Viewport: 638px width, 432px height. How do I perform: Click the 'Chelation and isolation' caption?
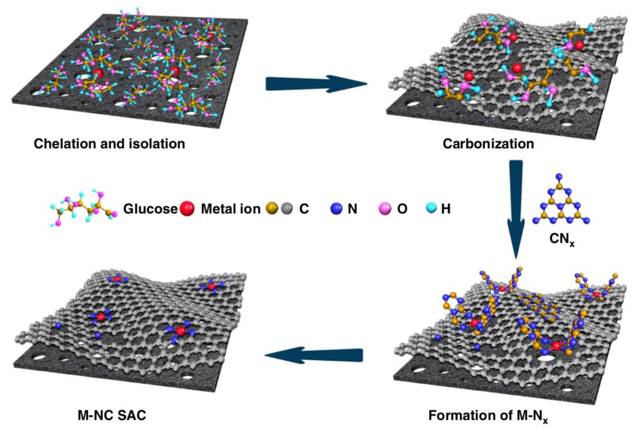(x=109, y=144)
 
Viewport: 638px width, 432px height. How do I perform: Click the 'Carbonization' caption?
(x=489, y=144)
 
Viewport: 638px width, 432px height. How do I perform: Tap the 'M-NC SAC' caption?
(x=112, y=415)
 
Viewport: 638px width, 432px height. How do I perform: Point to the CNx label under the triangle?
(x=561, y=239)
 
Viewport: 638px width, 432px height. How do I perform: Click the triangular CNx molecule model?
(x=561, y=201)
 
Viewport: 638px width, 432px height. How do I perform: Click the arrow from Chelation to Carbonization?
(x=316, y=84)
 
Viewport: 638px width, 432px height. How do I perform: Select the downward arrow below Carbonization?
(x=516, y=209)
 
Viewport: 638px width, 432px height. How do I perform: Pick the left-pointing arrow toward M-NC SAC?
(x=313, y=355)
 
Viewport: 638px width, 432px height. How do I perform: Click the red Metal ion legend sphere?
(x=187, y=209)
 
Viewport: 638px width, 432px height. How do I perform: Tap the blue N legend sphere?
(x=336, y=209)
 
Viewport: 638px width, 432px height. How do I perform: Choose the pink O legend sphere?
(x=385, y=209)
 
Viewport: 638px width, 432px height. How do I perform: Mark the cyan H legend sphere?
(x=431, y=209)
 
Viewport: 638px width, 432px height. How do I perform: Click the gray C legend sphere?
(x=287, y=209)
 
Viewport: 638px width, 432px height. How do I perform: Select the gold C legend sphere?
(x=272, y=209)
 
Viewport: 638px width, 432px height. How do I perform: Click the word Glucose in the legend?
(x=151, y=209)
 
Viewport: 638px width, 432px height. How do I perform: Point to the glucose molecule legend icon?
(x=83, y=208)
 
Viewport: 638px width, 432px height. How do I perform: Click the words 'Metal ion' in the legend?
(x=231, y=209)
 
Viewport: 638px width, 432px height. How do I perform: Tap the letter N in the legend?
(x=352, y=209)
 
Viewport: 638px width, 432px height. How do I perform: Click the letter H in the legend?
(x=446, y=209)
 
